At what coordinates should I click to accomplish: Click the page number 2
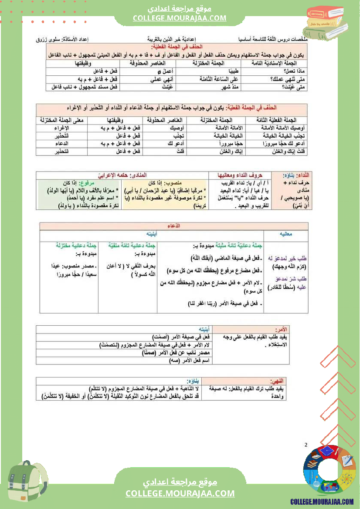[306, 445]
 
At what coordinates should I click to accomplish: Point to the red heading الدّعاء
[174, 226]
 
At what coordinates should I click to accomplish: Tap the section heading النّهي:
[279, 380]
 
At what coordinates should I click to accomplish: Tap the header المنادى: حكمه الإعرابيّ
[118, 175]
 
